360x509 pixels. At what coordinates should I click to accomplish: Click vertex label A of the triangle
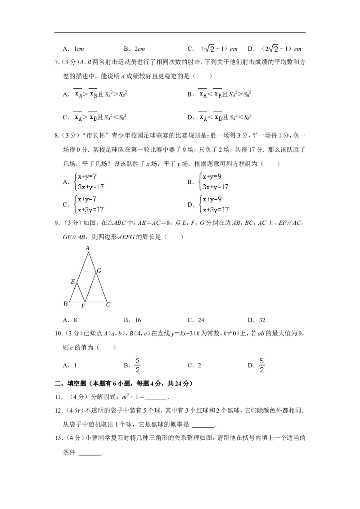click(x=87, y=248)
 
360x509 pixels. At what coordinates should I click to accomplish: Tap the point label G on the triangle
click(x=99, y=271)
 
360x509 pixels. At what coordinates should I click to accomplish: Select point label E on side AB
click(x=73, y=282)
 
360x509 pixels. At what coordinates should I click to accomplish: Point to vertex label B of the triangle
click(x=65, y=304)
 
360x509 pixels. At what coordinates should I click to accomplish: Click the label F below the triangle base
click(x=83, y=306)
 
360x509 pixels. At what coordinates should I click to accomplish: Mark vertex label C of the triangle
click(x=108, y=304)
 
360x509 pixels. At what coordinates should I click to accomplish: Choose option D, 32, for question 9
click(x=256, y=320)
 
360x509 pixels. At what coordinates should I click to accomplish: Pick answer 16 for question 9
click(x=133, y=320)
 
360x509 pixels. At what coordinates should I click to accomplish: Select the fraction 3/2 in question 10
click(x=137, y=365)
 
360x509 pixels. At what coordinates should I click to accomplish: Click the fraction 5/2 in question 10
click(x=261, y=365)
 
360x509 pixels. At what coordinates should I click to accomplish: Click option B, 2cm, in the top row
click(x=134, y=49)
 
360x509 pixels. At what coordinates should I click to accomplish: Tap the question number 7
click(x=56, y=62)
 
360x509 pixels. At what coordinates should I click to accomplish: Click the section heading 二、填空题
click(x=71, y=384)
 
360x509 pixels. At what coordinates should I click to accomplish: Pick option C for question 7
click(x=94, y=116)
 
